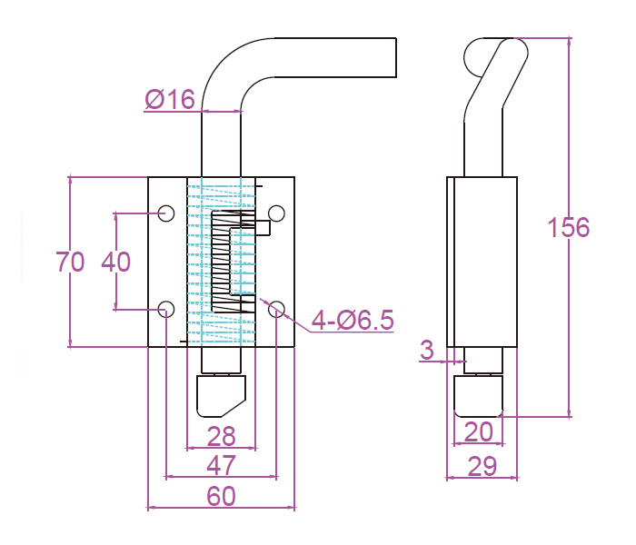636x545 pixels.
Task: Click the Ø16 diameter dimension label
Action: [x=170, y=98]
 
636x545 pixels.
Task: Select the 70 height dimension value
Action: [x=70, y=263]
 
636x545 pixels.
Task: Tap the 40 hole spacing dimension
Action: [x=115, y=263]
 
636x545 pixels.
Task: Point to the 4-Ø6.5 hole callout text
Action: [x=353, y=320]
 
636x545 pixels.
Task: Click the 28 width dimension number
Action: [x=222, y=437]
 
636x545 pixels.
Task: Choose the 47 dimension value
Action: [x=222, y=465]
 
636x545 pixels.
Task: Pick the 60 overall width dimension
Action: [x=222, y=496]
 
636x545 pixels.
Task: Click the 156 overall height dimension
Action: [x=569, y=227]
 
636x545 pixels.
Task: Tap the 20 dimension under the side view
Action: [x=479, y=431]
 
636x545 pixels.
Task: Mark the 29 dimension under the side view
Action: [x=482, y=467]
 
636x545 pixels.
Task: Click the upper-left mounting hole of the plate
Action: [x=166, y=213]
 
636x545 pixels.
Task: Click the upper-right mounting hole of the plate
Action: [x=277, y=213]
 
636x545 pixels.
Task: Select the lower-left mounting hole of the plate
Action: [x=166, y=309]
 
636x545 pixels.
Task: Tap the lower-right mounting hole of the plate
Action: [x=277, y=309]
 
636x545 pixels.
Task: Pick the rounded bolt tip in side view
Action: [x=479, y=396]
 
